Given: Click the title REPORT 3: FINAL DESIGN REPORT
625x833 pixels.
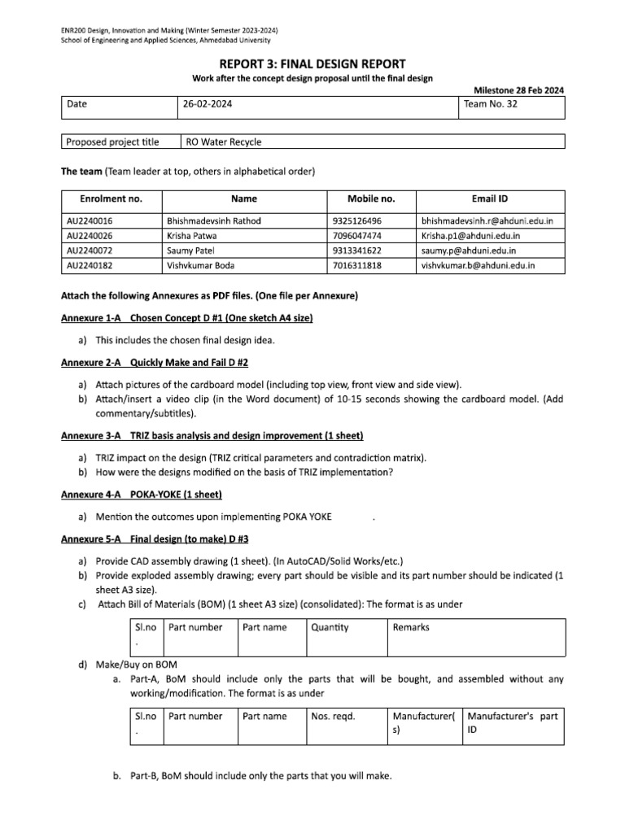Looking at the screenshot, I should coord(312,63).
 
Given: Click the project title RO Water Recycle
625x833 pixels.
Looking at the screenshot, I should coord(224,142).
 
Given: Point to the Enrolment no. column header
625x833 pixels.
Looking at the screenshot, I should coord(111,198).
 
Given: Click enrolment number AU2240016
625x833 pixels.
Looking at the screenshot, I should coord(90,220).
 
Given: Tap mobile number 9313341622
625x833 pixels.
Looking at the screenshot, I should coord(357,251).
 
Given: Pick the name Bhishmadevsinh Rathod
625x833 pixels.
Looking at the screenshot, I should coord(215,220).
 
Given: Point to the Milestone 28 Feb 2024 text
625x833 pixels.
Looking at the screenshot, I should coord(518,90).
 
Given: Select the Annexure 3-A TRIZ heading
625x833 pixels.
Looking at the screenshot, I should coord(212,436).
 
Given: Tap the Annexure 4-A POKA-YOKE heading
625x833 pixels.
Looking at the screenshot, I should coord(142,495).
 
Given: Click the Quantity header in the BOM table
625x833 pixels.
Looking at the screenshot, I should coord(330,627).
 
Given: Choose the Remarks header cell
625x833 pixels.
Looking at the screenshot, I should coord(411,627).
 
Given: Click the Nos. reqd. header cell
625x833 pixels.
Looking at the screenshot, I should coord(334,716).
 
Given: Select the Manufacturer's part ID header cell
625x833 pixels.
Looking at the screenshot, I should coord(512,722).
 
